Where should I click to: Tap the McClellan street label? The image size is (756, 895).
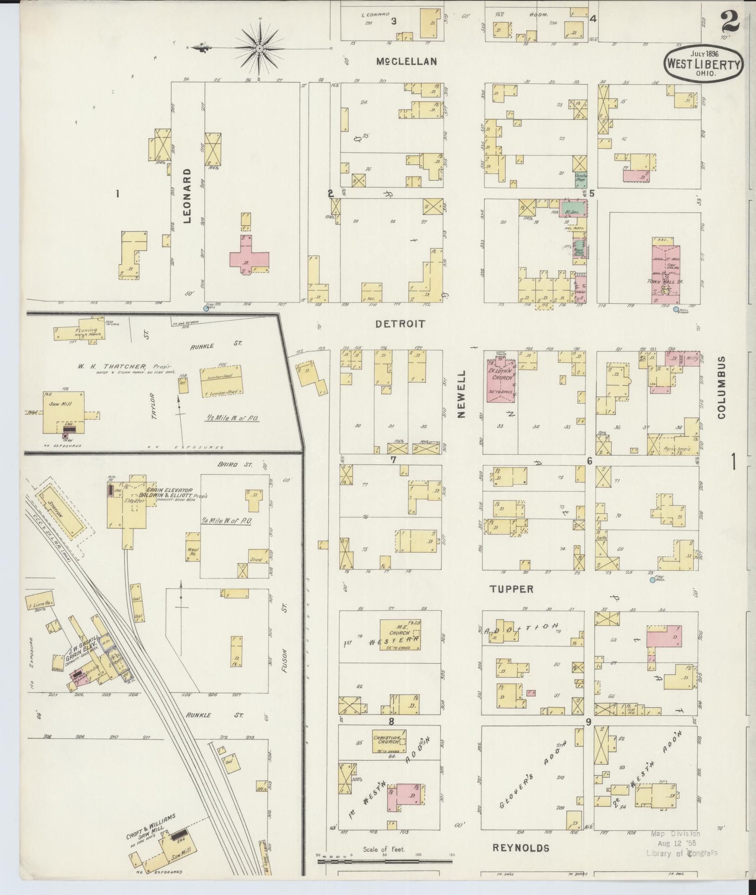(406, 61)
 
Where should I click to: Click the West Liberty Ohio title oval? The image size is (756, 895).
(703, 65)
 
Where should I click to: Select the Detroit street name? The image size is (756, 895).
(400, 324)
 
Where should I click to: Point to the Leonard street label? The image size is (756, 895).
(187, 196)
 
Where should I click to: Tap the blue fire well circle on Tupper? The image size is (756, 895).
(652, 580)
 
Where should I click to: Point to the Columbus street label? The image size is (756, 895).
(721, 388)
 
